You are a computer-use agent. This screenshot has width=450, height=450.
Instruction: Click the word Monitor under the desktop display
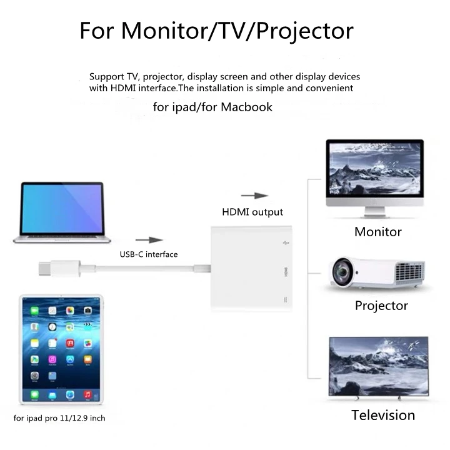coord(377,232)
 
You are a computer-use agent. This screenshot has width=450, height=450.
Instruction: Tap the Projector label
coord(381,306)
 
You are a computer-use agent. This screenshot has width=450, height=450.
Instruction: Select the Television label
coord(382,415)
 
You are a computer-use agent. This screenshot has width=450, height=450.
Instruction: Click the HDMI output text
coord(252,212)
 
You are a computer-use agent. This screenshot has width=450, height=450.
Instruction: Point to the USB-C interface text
coord(149,254)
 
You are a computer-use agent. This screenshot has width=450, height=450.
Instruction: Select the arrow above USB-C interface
coord(149,239)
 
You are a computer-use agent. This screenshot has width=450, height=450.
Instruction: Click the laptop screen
coord(61,208)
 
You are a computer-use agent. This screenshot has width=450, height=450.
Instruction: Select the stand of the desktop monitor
coord(374,211)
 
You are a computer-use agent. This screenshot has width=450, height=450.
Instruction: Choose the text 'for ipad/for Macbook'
coord(212,107)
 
